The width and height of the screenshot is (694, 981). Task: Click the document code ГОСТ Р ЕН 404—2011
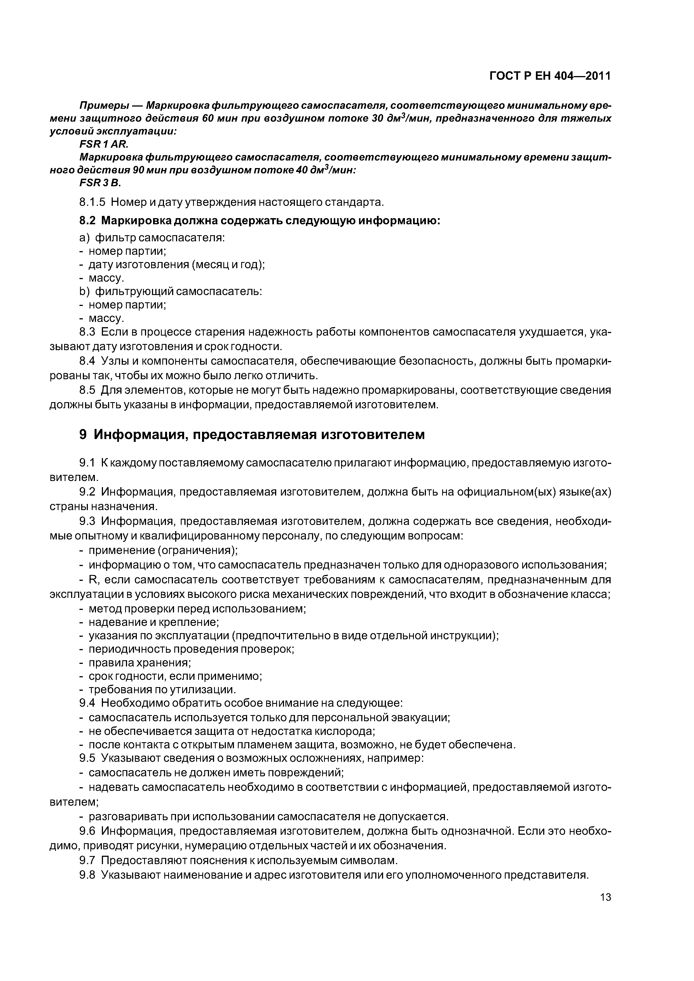pyautogui.click(x=550, y=76)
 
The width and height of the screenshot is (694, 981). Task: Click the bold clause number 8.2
pyautogui.click(x=88, y=220)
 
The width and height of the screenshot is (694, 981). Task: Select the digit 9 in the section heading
pyautogui.click(x=83, y=435)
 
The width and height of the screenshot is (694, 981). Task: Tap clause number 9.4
pyautogui.click(x=88, y=703)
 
